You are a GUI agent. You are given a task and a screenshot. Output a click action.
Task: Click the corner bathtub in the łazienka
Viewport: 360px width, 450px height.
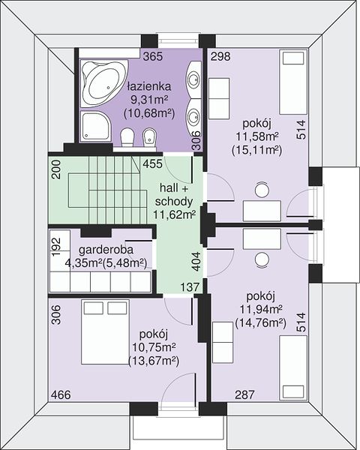point(103,83)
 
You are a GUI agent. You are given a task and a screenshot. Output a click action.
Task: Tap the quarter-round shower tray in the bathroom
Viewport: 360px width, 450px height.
point(95,126)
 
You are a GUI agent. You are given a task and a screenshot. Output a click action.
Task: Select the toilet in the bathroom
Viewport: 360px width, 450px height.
point(127,138)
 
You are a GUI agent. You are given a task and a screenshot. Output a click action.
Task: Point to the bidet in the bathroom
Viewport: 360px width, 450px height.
point(149,138)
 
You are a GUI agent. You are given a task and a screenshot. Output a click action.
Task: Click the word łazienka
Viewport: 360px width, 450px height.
point(149,86)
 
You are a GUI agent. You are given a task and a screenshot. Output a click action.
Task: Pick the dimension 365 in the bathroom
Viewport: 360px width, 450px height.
point(153,56)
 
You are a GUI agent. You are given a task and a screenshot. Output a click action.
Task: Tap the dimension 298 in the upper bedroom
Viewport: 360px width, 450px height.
point(220,56)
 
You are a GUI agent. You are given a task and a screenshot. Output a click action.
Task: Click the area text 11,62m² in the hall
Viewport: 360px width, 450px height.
point(174,214)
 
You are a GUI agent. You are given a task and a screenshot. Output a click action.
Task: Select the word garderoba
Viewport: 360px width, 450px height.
point(106,250)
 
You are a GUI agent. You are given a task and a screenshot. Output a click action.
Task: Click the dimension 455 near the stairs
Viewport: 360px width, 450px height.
point(153,163)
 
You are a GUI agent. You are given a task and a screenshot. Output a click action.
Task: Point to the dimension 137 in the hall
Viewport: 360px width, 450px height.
point(190,286)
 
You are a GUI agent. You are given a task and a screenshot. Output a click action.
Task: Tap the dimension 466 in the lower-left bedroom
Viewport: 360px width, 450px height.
point(61,395)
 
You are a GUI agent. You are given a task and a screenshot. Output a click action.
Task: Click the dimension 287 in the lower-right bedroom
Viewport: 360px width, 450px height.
point(245,395)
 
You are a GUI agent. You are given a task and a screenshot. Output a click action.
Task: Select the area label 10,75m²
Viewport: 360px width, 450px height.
point(154,347)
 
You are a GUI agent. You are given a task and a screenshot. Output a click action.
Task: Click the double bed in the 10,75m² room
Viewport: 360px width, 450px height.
point(105,332)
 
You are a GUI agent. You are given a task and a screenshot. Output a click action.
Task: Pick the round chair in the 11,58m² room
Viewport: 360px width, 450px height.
point(262,190)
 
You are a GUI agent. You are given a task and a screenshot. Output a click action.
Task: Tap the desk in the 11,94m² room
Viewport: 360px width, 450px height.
point(262,239)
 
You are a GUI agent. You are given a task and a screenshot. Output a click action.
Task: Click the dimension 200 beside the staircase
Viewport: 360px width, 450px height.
point(56,169)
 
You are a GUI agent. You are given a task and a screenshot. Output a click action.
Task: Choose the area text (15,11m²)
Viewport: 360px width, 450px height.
point(256,150)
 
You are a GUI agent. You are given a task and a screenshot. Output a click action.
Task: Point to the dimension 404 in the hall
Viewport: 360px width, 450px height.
point(196,262)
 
